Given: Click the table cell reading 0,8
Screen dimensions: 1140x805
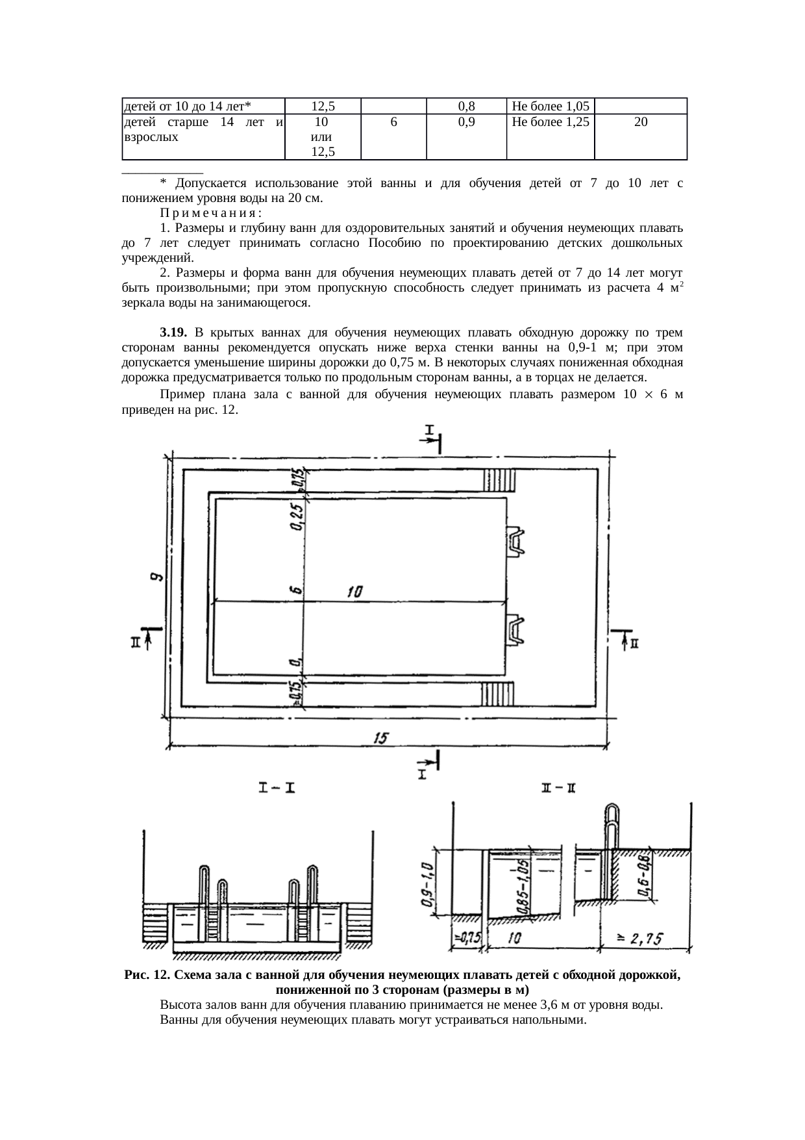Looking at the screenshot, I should (465, 106).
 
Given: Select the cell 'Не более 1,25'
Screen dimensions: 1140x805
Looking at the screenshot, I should (550, 121).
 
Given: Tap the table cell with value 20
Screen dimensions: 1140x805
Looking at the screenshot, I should (640, 121).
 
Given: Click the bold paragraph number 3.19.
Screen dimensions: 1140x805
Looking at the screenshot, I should (173, 333).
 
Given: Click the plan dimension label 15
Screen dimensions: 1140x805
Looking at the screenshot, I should (381, 737).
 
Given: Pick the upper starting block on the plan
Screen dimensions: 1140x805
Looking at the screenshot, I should (517, 541).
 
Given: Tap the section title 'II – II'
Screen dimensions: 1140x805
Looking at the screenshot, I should (558, 789).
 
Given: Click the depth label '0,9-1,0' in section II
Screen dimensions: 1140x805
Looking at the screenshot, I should (427, 884).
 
